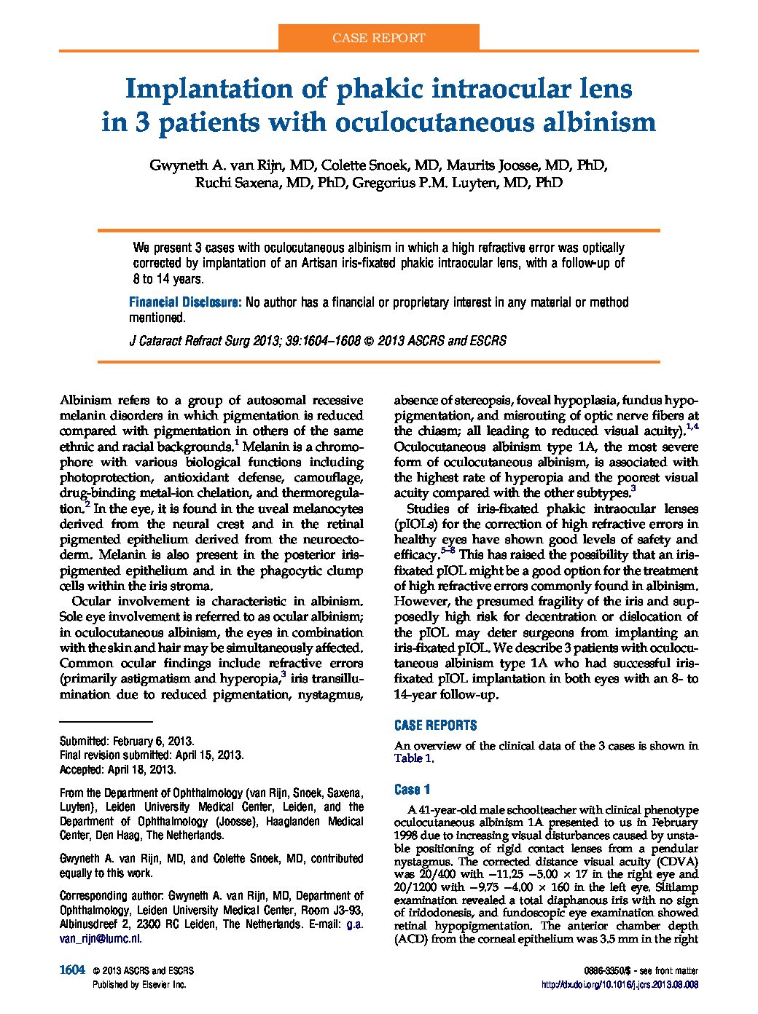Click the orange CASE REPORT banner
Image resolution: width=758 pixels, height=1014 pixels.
(x=378, y=37)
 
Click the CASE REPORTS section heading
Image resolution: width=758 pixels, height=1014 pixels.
(x=435, y=726)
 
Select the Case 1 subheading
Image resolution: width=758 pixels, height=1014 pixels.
(x=413, y=790)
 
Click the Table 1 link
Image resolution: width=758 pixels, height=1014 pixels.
(x=413, y=758)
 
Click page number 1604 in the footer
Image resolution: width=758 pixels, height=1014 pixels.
(x=72, y=970)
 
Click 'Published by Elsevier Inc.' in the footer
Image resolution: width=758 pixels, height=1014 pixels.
(x=139, y=984)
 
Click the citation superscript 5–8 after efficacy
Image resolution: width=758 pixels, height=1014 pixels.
(x=448, y=551)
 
